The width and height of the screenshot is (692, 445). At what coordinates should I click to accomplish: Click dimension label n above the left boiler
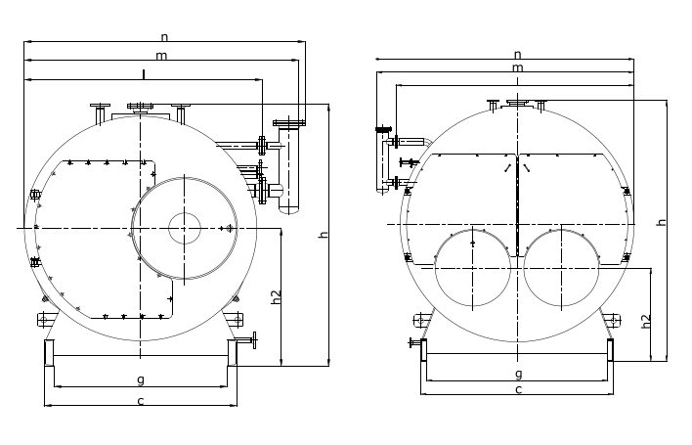tap(164, 37)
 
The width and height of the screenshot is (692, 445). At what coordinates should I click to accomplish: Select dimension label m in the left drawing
tap(161, 56)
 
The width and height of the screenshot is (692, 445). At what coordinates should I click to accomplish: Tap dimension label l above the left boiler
tap(144, 74)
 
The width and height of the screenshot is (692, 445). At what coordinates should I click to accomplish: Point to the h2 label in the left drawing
tap(277, 297)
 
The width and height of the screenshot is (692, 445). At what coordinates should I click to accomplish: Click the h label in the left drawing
tap(324, 234)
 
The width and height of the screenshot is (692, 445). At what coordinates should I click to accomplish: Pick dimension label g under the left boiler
tap(141, 379)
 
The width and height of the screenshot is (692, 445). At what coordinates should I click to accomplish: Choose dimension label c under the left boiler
tap(141, 401)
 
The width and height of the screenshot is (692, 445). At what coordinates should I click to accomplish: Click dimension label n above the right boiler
tap(518, 55)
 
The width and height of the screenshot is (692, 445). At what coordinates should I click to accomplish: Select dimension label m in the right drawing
tap(517, 67)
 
